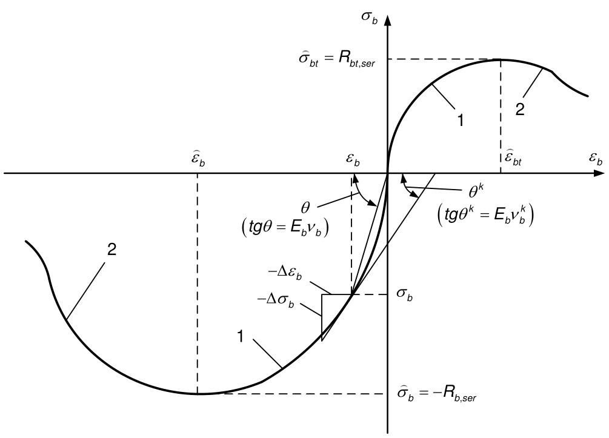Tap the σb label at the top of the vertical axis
[x=369, y=18]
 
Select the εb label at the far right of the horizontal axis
[x=596, y=159]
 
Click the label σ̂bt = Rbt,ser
[x=337, y=60]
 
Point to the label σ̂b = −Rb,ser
[x=436, y=394]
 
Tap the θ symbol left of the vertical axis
[x=305, y=208]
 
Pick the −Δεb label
[x=285, y=273]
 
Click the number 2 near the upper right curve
[x=520, y=110]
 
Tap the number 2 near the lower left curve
[x=111, y=250]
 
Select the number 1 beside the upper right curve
[x=461, y=121]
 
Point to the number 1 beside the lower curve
[x=241, y=336]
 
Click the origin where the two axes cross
[x=388, y=173]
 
